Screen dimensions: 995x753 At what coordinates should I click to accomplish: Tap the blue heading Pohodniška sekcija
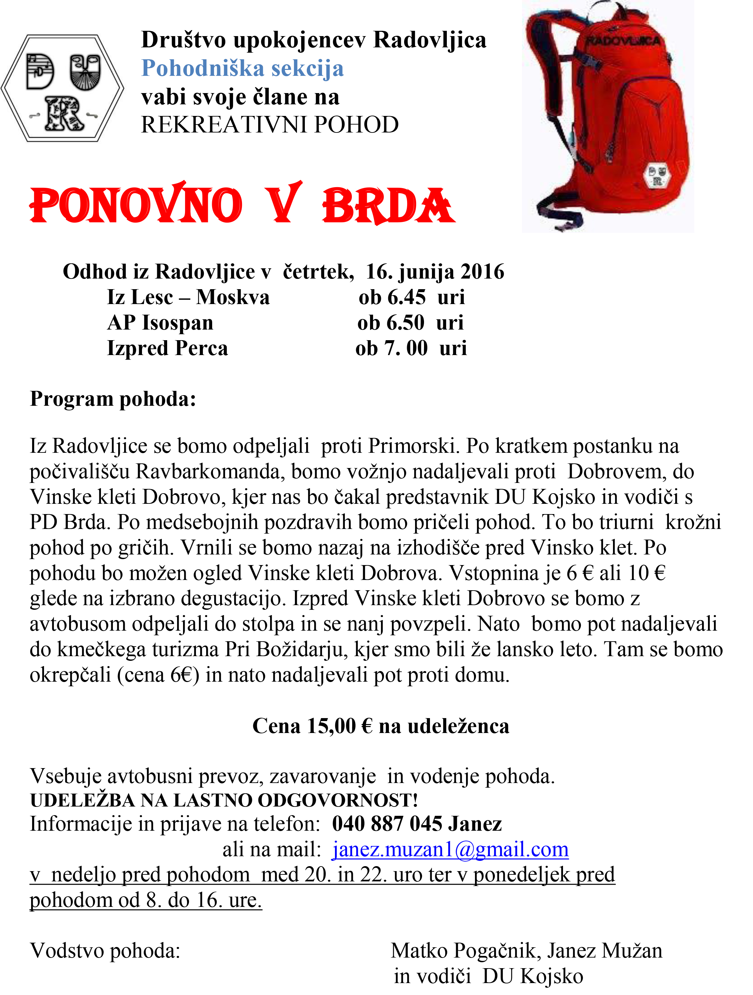tap(242, 69)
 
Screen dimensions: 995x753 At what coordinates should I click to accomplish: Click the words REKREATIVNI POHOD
tap(270, 125)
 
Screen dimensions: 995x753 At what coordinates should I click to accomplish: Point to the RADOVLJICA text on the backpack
tap(623, 41)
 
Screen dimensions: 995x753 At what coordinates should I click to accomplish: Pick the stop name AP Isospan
tap(160, 323)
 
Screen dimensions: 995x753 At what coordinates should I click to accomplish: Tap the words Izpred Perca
tap(167, 348)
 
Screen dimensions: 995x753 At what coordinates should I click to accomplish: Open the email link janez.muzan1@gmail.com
tap(450, 850)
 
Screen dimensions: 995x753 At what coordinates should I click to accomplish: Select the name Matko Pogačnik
tap(463, 951)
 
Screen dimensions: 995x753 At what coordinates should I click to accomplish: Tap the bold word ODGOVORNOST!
tap(338, 800)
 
